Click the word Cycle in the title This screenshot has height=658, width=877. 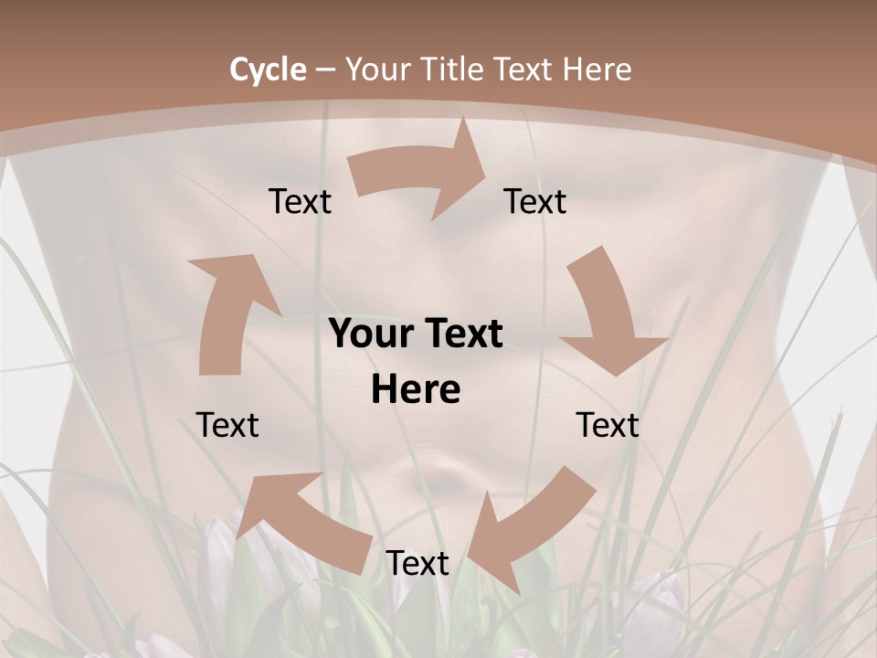click(268, 69)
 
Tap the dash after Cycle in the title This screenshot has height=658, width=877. click(325, 69)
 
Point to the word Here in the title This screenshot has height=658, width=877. click(597, 69)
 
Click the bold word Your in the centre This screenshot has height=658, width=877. click(365, 334)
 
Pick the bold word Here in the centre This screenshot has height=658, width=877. click(416, 390)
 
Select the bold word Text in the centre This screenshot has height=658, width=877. click(462, 334)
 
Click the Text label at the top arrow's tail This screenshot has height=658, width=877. click(301, 202)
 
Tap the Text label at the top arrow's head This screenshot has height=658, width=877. click(535, 202)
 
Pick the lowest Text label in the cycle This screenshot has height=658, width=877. click(417, 564)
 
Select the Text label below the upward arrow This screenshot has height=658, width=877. click(227, 425)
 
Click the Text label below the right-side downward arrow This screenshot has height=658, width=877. click(608, 425)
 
